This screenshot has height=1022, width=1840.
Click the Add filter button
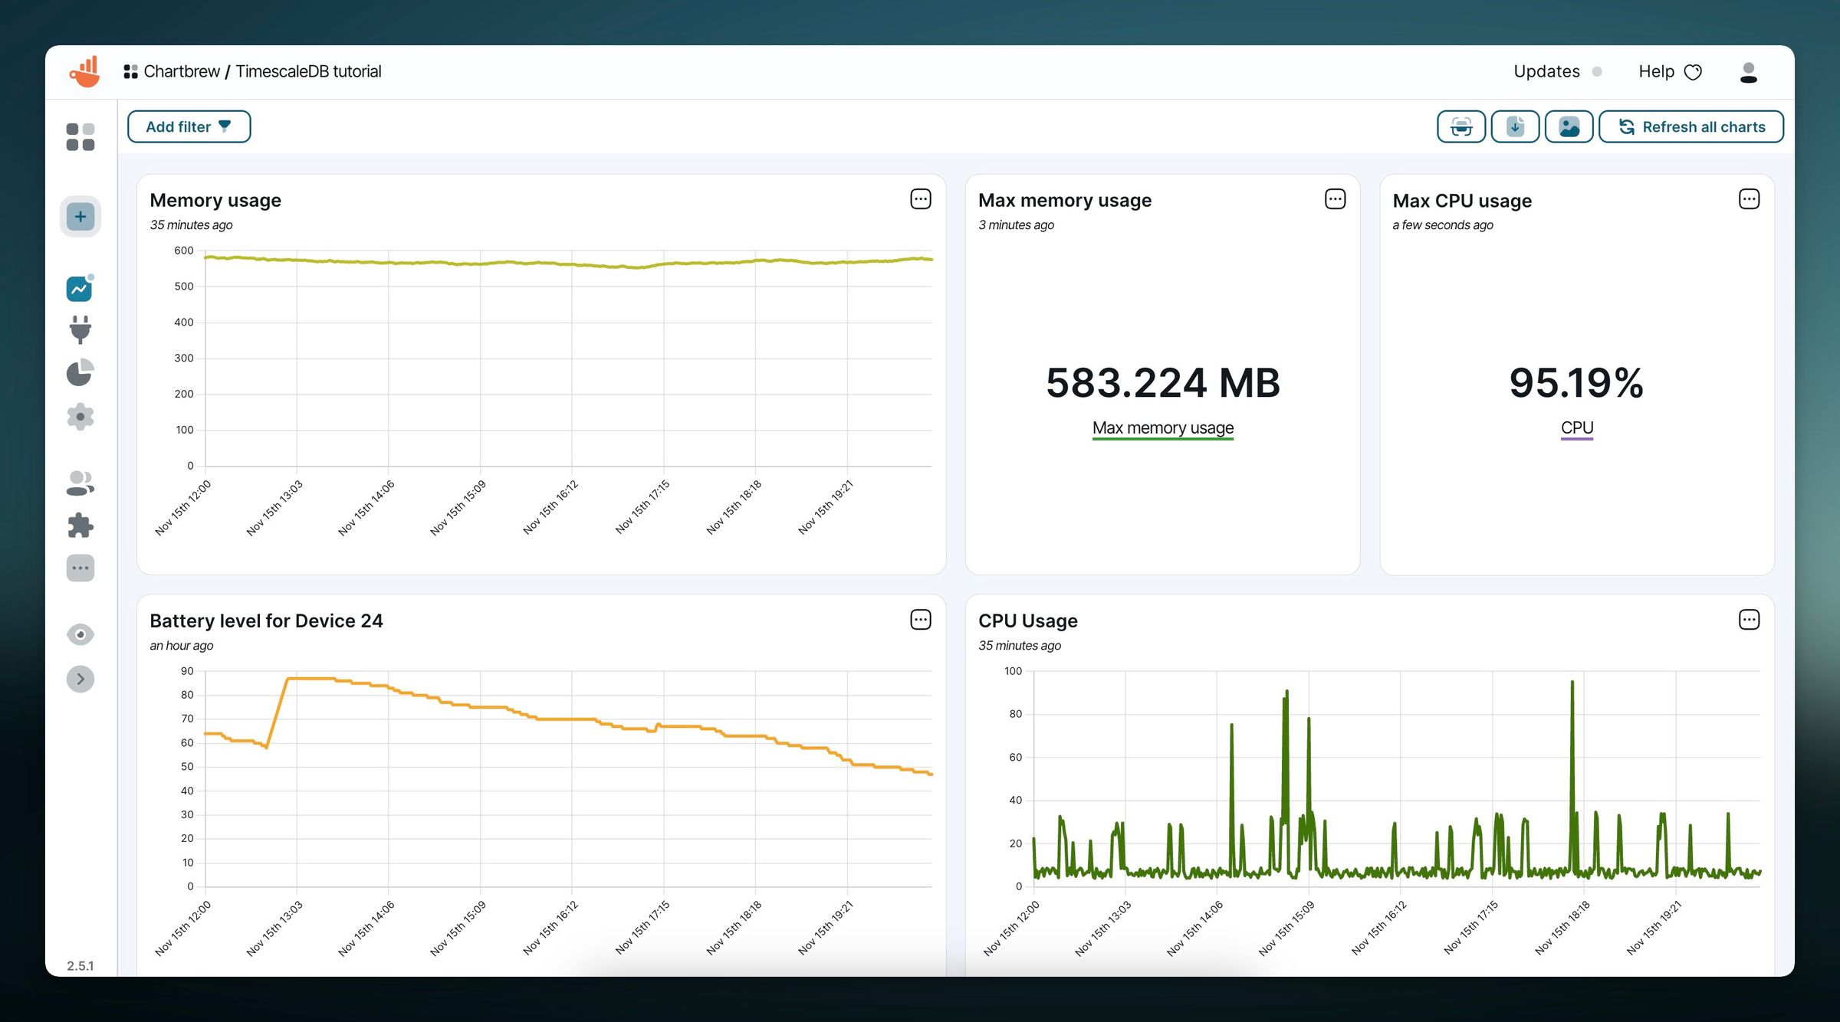[189, 126]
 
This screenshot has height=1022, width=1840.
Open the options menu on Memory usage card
[920, 199]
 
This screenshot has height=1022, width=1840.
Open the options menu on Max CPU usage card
[1749, 199]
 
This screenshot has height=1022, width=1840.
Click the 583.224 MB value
[1162, 382]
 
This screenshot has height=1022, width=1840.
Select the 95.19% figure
[1576, 382]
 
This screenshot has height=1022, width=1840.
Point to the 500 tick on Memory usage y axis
[184, 287]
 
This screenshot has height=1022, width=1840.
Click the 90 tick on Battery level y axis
[187, 671]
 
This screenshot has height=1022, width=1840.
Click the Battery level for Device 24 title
[266, 621]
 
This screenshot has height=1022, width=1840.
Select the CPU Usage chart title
[1027, 621]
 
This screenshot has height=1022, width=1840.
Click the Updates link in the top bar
[1546, 71]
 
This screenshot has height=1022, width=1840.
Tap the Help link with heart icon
[1669, 71]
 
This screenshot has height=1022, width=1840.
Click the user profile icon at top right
[1748, 72]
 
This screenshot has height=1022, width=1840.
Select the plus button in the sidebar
[80, 217]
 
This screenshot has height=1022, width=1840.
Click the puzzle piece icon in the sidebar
[80, 526]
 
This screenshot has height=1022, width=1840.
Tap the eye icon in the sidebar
[80, 634]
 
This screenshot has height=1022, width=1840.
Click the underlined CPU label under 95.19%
[1576, 427]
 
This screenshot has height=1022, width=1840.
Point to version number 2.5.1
[80, 965]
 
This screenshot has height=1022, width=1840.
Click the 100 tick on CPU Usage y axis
[1013, 671]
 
